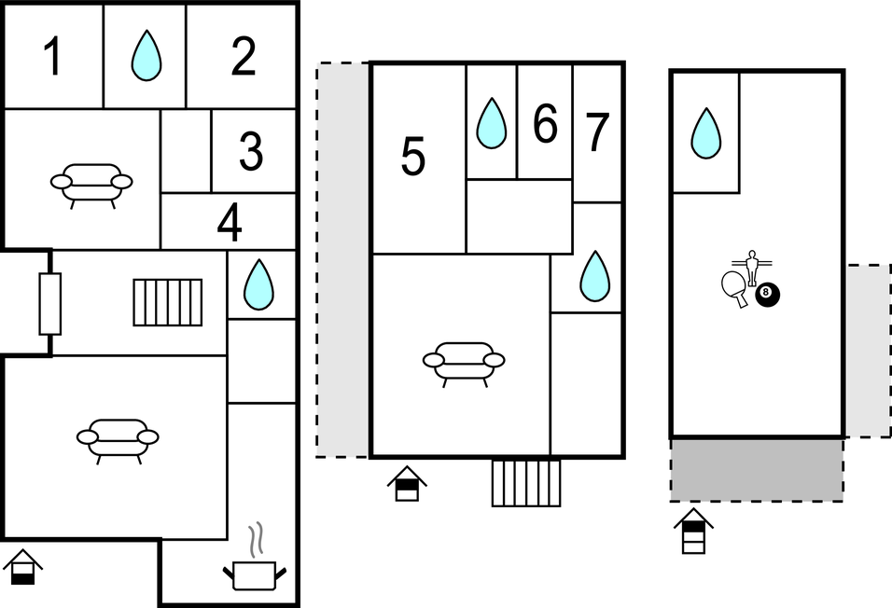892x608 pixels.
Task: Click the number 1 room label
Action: (53, 56)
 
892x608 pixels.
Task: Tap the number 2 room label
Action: (244, 56)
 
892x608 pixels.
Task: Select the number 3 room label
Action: (251, 151)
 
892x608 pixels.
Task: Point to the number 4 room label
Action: (230, 223)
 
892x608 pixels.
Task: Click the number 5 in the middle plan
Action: (413, 156)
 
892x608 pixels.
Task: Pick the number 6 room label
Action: (545, 123)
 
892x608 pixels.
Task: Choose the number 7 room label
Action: (597, 132)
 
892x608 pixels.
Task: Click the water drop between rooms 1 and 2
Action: (146, 55)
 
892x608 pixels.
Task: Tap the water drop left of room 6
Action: (491, 123)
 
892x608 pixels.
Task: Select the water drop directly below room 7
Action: (595, 276)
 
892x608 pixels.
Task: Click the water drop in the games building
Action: (706, 133)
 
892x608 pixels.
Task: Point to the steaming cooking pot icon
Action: (254, 558)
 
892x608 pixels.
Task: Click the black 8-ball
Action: (767, 294)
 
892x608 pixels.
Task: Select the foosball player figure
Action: (752, 266)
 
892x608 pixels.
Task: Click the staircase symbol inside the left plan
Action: (168, 302)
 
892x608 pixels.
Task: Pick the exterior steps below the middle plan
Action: (526, 482)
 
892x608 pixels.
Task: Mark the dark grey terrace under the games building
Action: (757, 469)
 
